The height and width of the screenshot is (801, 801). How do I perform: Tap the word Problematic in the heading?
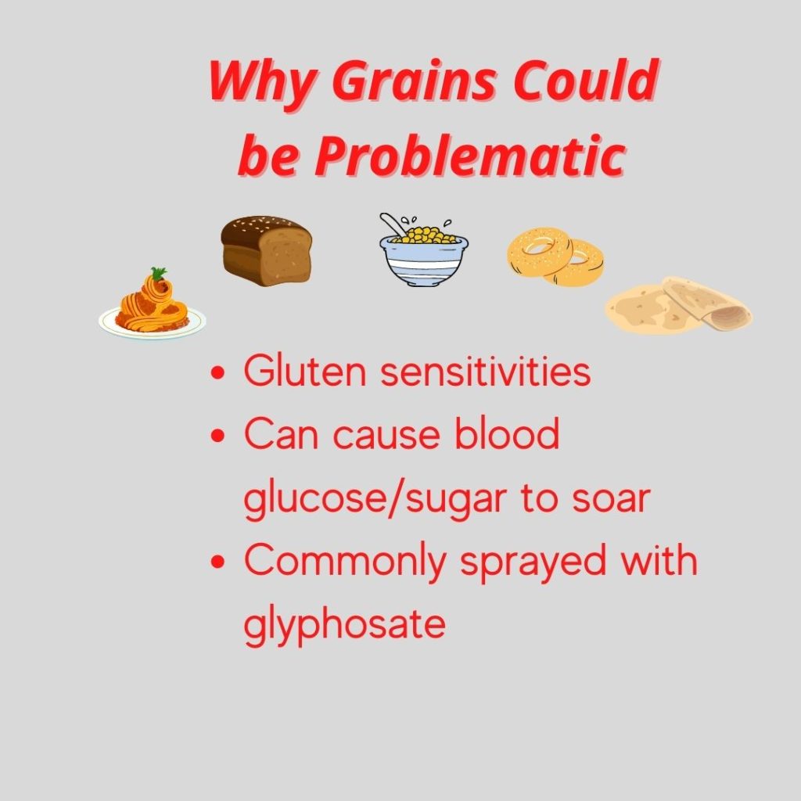tap(470, 156)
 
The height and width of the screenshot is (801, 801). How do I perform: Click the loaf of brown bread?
tap(266, 250)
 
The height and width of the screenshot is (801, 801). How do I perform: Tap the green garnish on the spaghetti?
tap(159, 273)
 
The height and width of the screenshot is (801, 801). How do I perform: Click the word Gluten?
tap(305, 371)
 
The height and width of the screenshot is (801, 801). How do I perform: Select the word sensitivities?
tap(486, 371)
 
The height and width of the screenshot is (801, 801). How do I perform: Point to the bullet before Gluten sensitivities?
tap(218, 372)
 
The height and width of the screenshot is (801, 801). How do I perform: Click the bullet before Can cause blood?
tap(218, 436)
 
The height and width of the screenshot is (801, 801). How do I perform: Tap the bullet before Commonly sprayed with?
tap(218, 562)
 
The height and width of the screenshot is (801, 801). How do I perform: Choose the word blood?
tap(507, 433)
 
